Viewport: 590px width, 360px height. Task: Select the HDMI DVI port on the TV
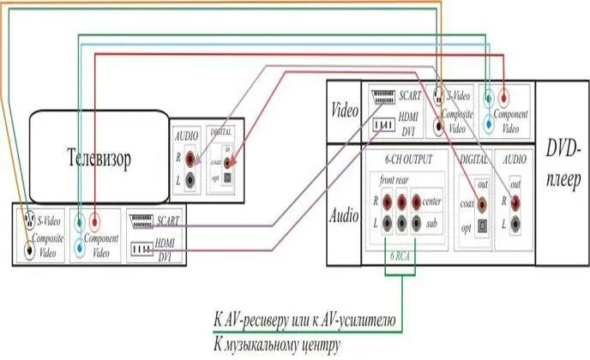click(140, 249)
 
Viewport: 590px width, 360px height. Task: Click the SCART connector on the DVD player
click(382, 99)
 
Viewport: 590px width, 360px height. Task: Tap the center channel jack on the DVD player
click(416, 202)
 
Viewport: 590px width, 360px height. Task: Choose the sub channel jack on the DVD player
click(416, 224)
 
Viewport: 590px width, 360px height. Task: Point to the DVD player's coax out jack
click(481, 205)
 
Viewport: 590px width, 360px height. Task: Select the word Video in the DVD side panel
click(344, 111)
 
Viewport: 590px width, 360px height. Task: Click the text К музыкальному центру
click(277, 345)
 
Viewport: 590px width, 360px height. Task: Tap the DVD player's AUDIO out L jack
click(515, 224)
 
